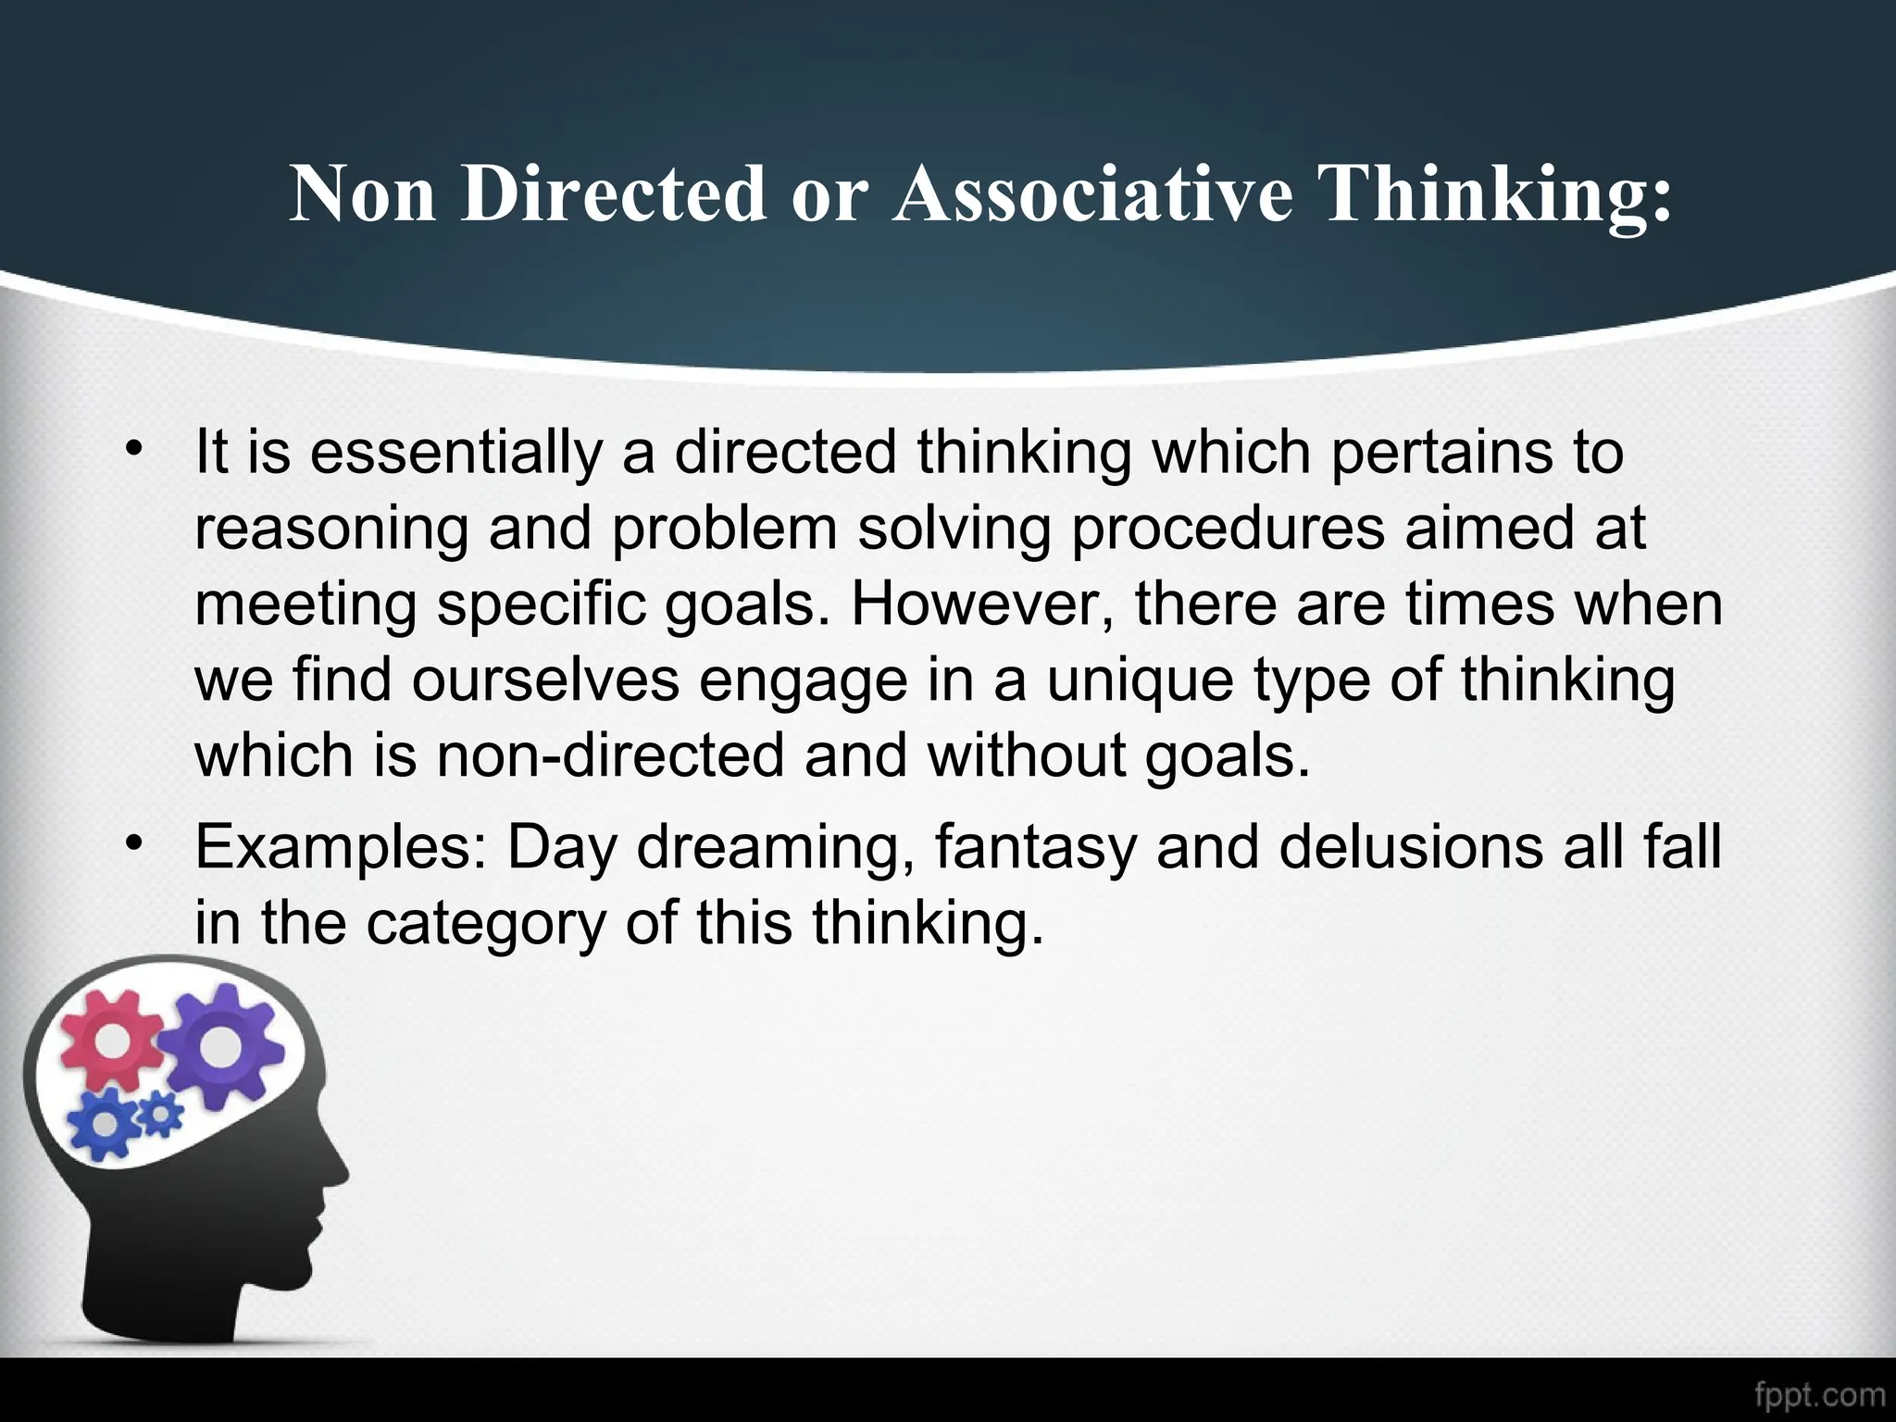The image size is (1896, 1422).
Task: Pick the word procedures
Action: (x=1228, y=530)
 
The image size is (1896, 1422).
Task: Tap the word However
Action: (x=982, y=605)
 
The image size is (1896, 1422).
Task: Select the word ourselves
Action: (x=546, y=680)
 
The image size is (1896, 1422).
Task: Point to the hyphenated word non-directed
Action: (x=611, y=755)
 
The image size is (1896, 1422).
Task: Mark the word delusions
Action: (x=1411, y=847)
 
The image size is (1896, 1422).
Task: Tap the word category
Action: (x=486, y=923)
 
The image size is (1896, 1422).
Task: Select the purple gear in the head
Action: (x=218, y=1046)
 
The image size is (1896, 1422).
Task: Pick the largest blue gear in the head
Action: (x=105, y=1123)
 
